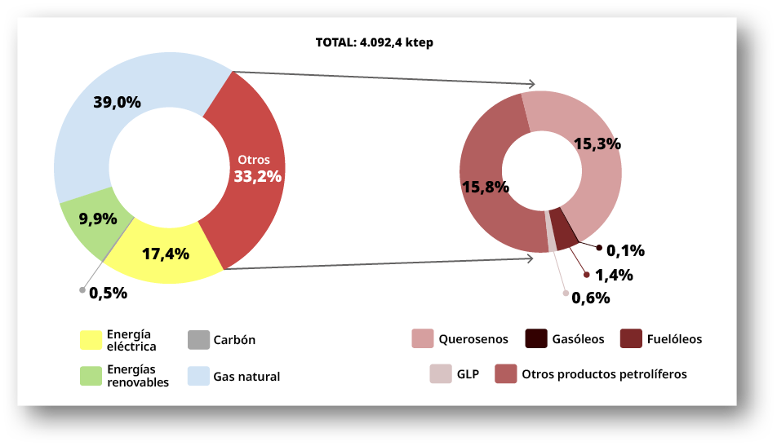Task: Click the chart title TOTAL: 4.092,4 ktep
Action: click(x=374, y=42)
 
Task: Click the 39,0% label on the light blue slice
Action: click(x=117, y=103)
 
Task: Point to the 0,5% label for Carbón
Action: click(x=109, y=294)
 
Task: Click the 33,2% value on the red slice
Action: click(x=257, y=176)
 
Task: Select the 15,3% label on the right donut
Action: click(x=597, y=144)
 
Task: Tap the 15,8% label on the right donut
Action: click(x=486, y=187)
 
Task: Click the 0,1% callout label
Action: click(x=626, y=250)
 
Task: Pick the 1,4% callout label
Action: click(x=614, y=276)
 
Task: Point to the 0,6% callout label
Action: click(x=590, y=298)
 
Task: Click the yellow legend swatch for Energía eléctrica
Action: click(x=90, y=339)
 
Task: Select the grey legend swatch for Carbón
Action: click(x=198, y=339)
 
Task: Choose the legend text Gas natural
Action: click(x=246, y=377)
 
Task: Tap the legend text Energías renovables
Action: click(x=138, y=376)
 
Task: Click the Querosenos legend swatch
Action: click(x=422, y=339)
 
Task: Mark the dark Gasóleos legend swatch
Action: click(x=535, y=339)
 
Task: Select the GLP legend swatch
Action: click(x=440, y=374)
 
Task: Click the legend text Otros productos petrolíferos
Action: click(x=604, y=374)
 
